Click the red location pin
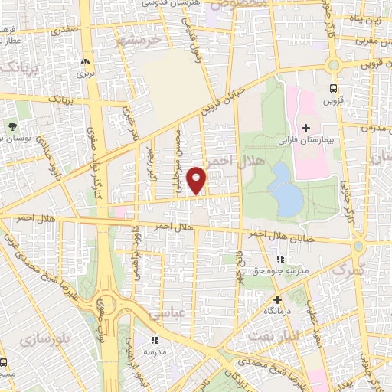click(198, 179)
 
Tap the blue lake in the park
click(286, 188)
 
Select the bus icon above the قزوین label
click(332, 88)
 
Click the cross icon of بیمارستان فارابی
click(305, 127)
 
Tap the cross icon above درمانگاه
click(277, 299)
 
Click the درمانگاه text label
click(277, 312)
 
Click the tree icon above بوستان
click(13, 126)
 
